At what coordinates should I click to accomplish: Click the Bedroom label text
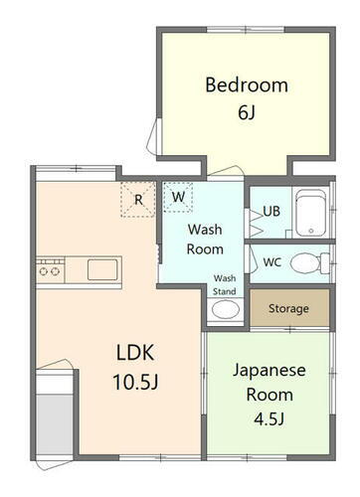coord(246,84)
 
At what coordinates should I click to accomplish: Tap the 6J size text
coord(246,112)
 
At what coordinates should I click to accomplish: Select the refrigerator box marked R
coord(138,198)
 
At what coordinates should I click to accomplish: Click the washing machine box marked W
coord(178,196)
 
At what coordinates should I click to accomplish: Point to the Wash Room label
coord(206,239)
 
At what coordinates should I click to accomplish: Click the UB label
coord(271,211)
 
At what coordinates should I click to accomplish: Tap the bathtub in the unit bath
coord(311,213)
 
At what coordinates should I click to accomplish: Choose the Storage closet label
coord(287,308)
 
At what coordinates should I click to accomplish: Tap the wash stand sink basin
coord(226,308)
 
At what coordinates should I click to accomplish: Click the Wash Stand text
coord(226,284)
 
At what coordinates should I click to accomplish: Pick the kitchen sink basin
coord(102,268)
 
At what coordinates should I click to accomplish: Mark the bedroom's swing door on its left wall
coord(151,133)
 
